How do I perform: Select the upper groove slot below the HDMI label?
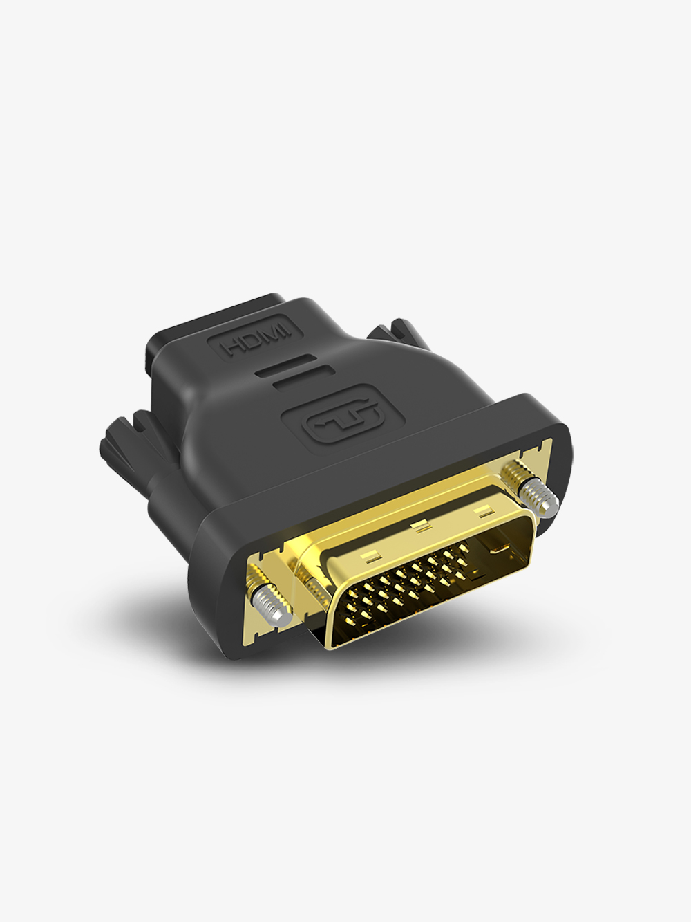[285, 366]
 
